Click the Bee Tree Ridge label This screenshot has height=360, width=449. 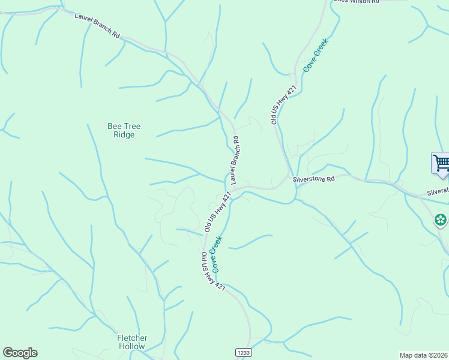coord(124,130)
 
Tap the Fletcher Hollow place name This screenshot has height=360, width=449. coord(132,342)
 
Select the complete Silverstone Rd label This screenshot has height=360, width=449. coord(313,179)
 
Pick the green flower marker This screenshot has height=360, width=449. coord(441,220)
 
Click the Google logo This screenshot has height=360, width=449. coord(20,353)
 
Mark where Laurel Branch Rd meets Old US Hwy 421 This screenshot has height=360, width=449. coord(235,190)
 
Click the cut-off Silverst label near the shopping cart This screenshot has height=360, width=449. coord(438,191)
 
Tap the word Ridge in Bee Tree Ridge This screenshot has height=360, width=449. coord(124,134)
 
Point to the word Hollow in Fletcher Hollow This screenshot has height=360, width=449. coord(132,346)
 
